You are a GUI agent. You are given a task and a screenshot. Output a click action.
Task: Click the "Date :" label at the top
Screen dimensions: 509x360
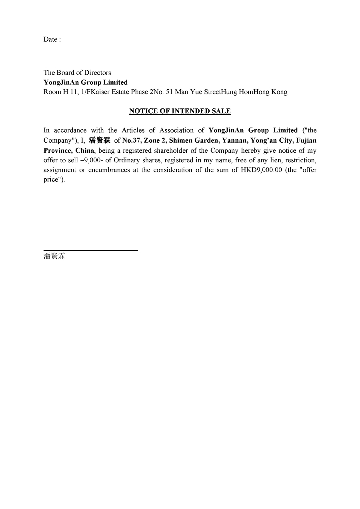pyautogui.click(x=52, y=40)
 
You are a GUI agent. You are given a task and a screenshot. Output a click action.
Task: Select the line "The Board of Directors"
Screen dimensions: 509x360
pyautogui.click(x=77, y=73)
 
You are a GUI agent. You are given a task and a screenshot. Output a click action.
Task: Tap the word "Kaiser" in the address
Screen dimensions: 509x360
pyautogui.click(x=101, y=92)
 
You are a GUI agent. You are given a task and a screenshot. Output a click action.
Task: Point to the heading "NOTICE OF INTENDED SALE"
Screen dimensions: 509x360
pyautogui.click(x=180, y=111)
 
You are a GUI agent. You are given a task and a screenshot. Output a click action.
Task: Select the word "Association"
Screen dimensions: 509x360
pyautogui.click(x=176, y=130)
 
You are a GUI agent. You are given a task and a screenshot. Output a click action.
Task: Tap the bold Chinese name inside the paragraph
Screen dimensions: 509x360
pyautogui.click(x=99, y=140)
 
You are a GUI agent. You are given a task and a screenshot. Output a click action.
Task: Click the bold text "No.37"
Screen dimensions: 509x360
pyautogui.click(x=131, y=140)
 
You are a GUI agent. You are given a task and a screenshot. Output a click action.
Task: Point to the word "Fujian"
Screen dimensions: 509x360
pyautogui.click(x=306, y=140)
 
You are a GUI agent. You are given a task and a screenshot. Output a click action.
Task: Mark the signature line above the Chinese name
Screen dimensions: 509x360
pyautogui.click(x=91, y=250)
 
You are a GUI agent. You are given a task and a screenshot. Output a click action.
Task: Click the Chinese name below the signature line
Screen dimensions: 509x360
pyautogui.click(x=54, y=256)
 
